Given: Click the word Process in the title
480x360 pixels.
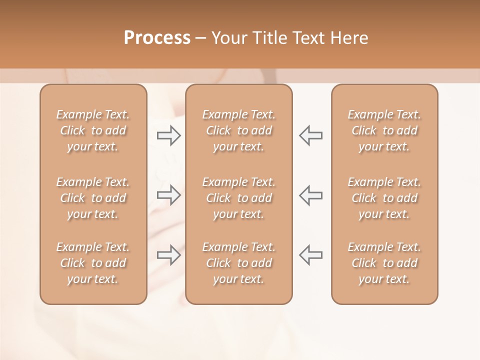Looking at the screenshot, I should click(157, 38).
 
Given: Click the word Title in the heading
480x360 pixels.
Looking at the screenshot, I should click(268, 38).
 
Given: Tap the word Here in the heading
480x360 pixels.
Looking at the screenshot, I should click(350, 38).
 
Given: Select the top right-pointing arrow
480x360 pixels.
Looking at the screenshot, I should click(168, 135).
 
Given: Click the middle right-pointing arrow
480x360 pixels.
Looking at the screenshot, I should click(168, 195).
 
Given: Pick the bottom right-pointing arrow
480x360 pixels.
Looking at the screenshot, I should click(168, 255).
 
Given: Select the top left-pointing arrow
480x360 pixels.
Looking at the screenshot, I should click(311, 135).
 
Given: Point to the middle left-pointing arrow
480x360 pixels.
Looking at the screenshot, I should click(311, 195).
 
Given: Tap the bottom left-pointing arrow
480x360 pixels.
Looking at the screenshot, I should click(311, 255).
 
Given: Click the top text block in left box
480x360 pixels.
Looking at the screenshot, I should click(93, 130).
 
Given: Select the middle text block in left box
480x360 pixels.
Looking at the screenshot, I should click(93, 198).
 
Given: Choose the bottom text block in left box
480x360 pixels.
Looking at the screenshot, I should click(93, 263).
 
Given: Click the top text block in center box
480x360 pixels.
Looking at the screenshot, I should click(239, 130).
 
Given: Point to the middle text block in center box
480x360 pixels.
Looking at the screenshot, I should click(239, 198).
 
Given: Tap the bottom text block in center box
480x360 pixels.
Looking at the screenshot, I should click(239, 263).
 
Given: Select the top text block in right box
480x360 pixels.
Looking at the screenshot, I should click(384, 130).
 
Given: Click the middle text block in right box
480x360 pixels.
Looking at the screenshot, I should click(384, 198).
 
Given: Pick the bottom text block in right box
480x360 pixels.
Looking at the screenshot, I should click(384, 263).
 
